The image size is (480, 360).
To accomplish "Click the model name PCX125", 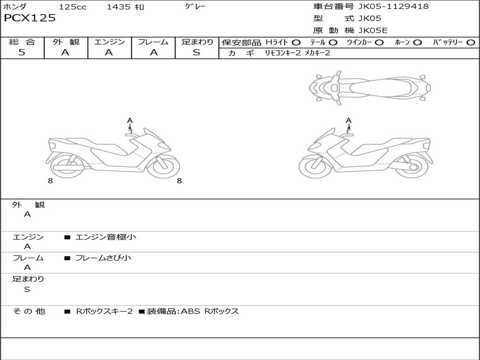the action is coord(30,18).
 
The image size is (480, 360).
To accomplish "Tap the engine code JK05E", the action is coord(373,30).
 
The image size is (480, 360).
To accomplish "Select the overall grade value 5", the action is coord(22,52).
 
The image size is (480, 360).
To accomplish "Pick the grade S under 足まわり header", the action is coord(196,52).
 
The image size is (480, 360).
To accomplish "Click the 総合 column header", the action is coord(22,42).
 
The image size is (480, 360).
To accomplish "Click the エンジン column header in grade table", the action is coord(109,42).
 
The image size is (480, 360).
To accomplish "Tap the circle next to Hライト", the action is coord(296,43).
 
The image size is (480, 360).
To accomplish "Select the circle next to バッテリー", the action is coord(471,43).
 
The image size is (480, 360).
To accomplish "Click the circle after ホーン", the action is coord(417,43).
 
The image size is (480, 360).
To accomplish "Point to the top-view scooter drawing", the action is coord(370,87).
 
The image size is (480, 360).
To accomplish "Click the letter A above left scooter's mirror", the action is coord(130,120).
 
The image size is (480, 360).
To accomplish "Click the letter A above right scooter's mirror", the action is coord(348,120).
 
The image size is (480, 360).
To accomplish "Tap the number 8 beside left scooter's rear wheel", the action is coord(50,181).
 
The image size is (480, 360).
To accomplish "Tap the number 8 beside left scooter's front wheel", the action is coord(179,181).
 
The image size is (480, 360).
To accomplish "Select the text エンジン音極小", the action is coord(105,237).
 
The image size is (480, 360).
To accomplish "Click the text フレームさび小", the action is coord(103,258).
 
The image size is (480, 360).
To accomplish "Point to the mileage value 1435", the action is coord(119,7).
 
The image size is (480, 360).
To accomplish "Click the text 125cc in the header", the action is coord(73,7).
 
